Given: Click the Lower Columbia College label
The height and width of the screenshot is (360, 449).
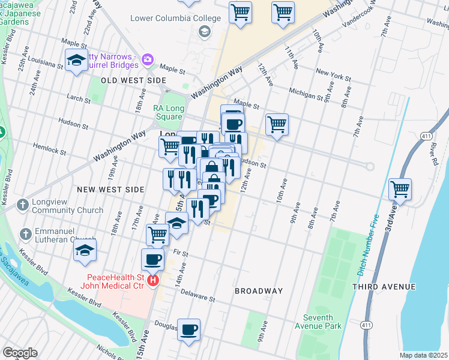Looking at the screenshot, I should [x=176, y=18].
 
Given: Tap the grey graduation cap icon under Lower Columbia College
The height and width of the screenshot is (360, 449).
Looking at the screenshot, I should [x=204, y=31].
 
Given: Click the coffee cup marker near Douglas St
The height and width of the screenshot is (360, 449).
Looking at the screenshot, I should [x=188, y=329].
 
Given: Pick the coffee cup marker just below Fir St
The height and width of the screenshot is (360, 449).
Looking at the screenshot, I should [x=152, y=260].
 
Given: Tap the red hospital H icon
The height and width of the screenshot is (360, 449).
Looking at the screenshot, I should [x=154, y=280].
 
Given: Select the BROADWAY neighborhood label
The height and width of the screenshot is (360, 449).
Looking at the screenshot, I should [x=259, y=291].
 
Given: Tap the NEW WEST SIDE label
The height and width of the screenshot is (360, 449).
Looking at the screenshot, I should [x=110, y=190].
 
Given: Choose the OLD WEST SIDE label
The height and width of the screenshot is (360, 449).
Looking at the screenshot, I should [x=133, y=80].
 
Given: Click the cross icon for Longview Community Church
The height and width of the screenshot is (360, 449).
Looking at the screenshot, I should [x=22, y=205].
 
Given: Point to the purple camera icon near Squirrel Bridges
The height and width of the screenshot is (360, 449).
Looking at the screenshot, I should [x=147, y=59].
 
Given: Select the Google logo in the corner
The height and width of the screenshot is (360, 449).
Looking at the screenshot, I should [x=20, y=352].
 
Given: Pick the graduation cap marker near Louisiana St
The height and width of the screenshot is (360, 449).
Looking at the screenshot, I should [x=76, y=60].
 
